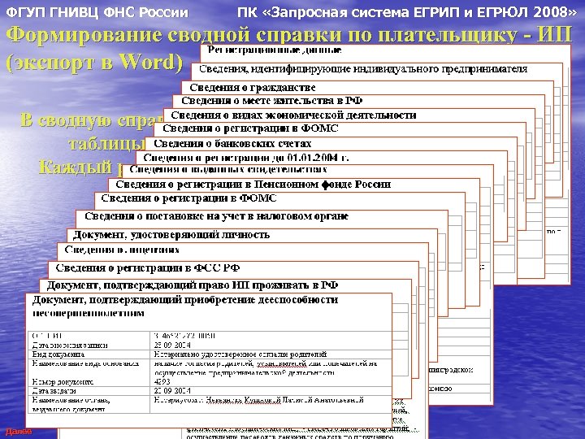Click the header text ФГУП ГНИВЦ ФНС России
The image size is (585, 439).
(x=97, y=14)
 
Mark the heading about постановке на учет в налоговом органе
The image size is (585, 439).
(x=216, y=216)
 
